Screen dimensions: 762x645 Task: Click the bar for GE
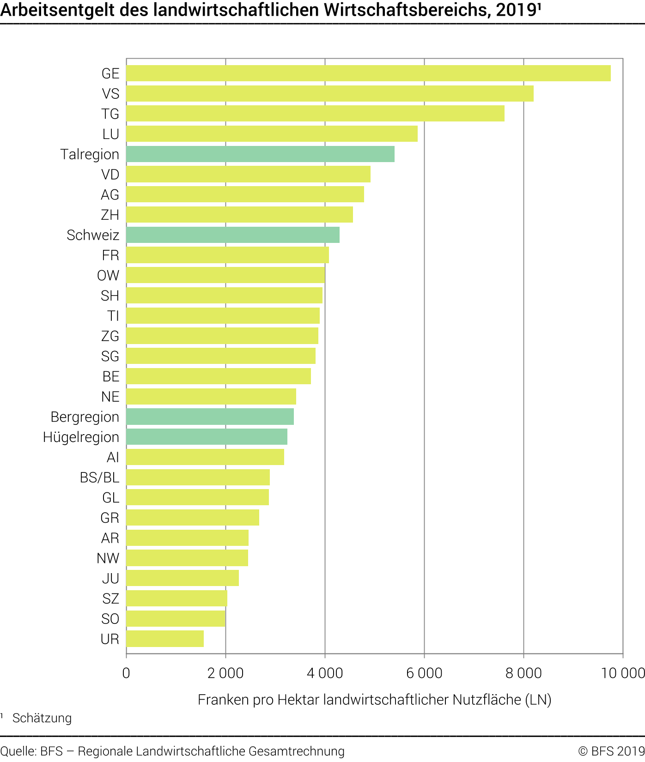click(368, 73)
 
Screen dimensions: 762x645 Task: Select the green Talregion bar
click(260, 154)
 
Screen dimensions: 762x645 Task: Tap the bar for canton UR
click(165, 639)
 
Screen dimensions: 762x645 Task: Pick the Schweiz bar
click(233, 235)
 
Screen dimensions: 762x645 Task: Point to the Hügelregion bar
click(207, 437)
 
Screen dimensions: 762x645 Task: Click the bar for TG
click(315, 114)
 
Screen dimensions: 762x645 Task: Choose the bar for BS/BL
click(198, 477)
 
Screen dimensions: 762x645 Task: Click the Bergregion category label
click(85, 417)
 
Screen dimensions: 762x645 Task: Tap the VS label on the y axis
click(110, 94)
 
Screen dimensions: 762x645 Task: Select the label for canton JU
click(110, 578)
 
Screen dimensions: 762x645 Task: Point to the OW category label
click(108, 276)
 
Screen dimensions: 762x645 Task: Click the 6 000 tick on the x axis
click(424, 673)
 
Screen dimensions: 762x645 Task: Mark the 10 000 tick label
click(622, 673)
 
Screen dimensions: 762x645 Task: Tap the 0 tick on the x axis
click(126, 673)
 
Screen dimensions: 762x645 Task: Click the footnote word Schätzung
click(42, 718)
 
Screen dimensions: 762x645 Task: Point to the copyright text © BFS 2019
click(611, 751)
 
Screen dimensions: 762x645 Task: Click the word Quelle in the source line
click(18, 751)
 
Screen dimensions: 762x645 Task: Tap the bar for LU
click(272, 134)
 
